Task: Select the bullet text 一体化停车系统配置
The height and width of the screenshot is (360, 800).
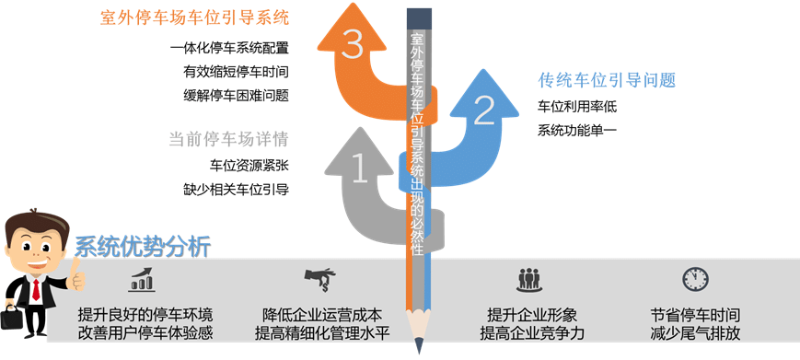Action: pyautogui.click(x=229, y=48)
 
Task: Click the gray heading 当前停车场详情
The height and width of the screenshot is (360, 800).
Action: pyautogui.click(x=228, y=140)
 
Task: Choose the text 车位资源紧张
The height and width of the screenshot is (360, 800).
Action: pyautogui.click(x=249, y=167)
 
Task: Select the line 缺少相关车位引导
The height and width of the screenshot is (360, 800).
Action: pyautogui.click(x=236, y=190)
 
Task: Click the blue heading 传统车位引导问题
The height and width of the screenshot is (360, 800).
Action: pyautogui.click(x=607, y=80)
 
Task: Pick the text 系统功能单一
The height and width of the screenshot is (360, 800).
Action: pyautogui.click(x=577, y=130)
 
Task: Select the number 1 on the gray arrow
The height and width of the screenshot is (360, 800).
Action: pyautogui.click(x=360, y=168)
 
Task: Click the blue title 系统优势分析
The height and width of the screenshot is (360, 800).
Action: pyautogui.click(x=143, y=247)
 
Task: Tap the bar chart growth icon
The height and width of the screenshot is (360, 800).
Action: pyautogui.click(x=143, y=278)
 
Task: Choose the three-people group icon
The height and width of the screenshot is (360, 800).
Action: pyautogui.click(x=528, y=278)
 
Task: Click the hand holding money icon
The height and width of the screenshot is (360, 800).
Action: pyautogui.click(x=319, y=277)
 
